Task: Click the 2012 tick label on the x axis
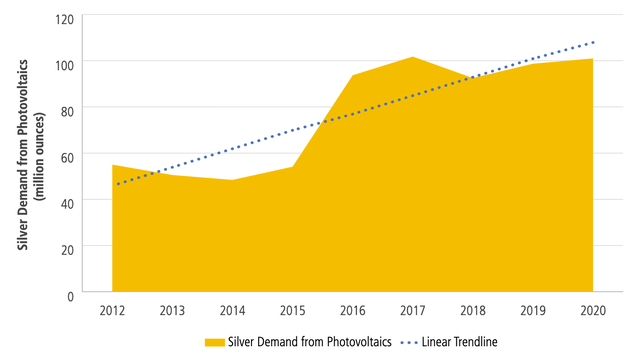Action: pos(111,311)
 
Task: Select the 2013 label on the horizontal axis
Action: pos(171,311)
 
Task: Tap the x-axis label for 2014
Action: pos(231,311)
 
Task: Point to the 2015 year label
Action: pos(292,311)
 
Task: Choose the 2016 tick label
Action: pos(352,311)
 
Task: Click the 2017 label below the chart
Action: pos(412,311)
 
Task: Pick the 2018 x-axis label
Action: pos(472,311)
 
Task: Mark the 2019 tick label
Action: pos(533,311)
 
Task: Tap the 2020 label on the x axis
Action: pos(593,311)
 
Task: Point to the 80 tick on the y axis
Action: pos(66,108)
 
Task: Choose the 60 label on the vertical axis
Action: pos(66,154)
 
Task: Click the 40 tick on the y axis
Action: pos(66,200)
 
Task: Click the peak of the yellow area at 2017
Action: pos(412,58)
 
